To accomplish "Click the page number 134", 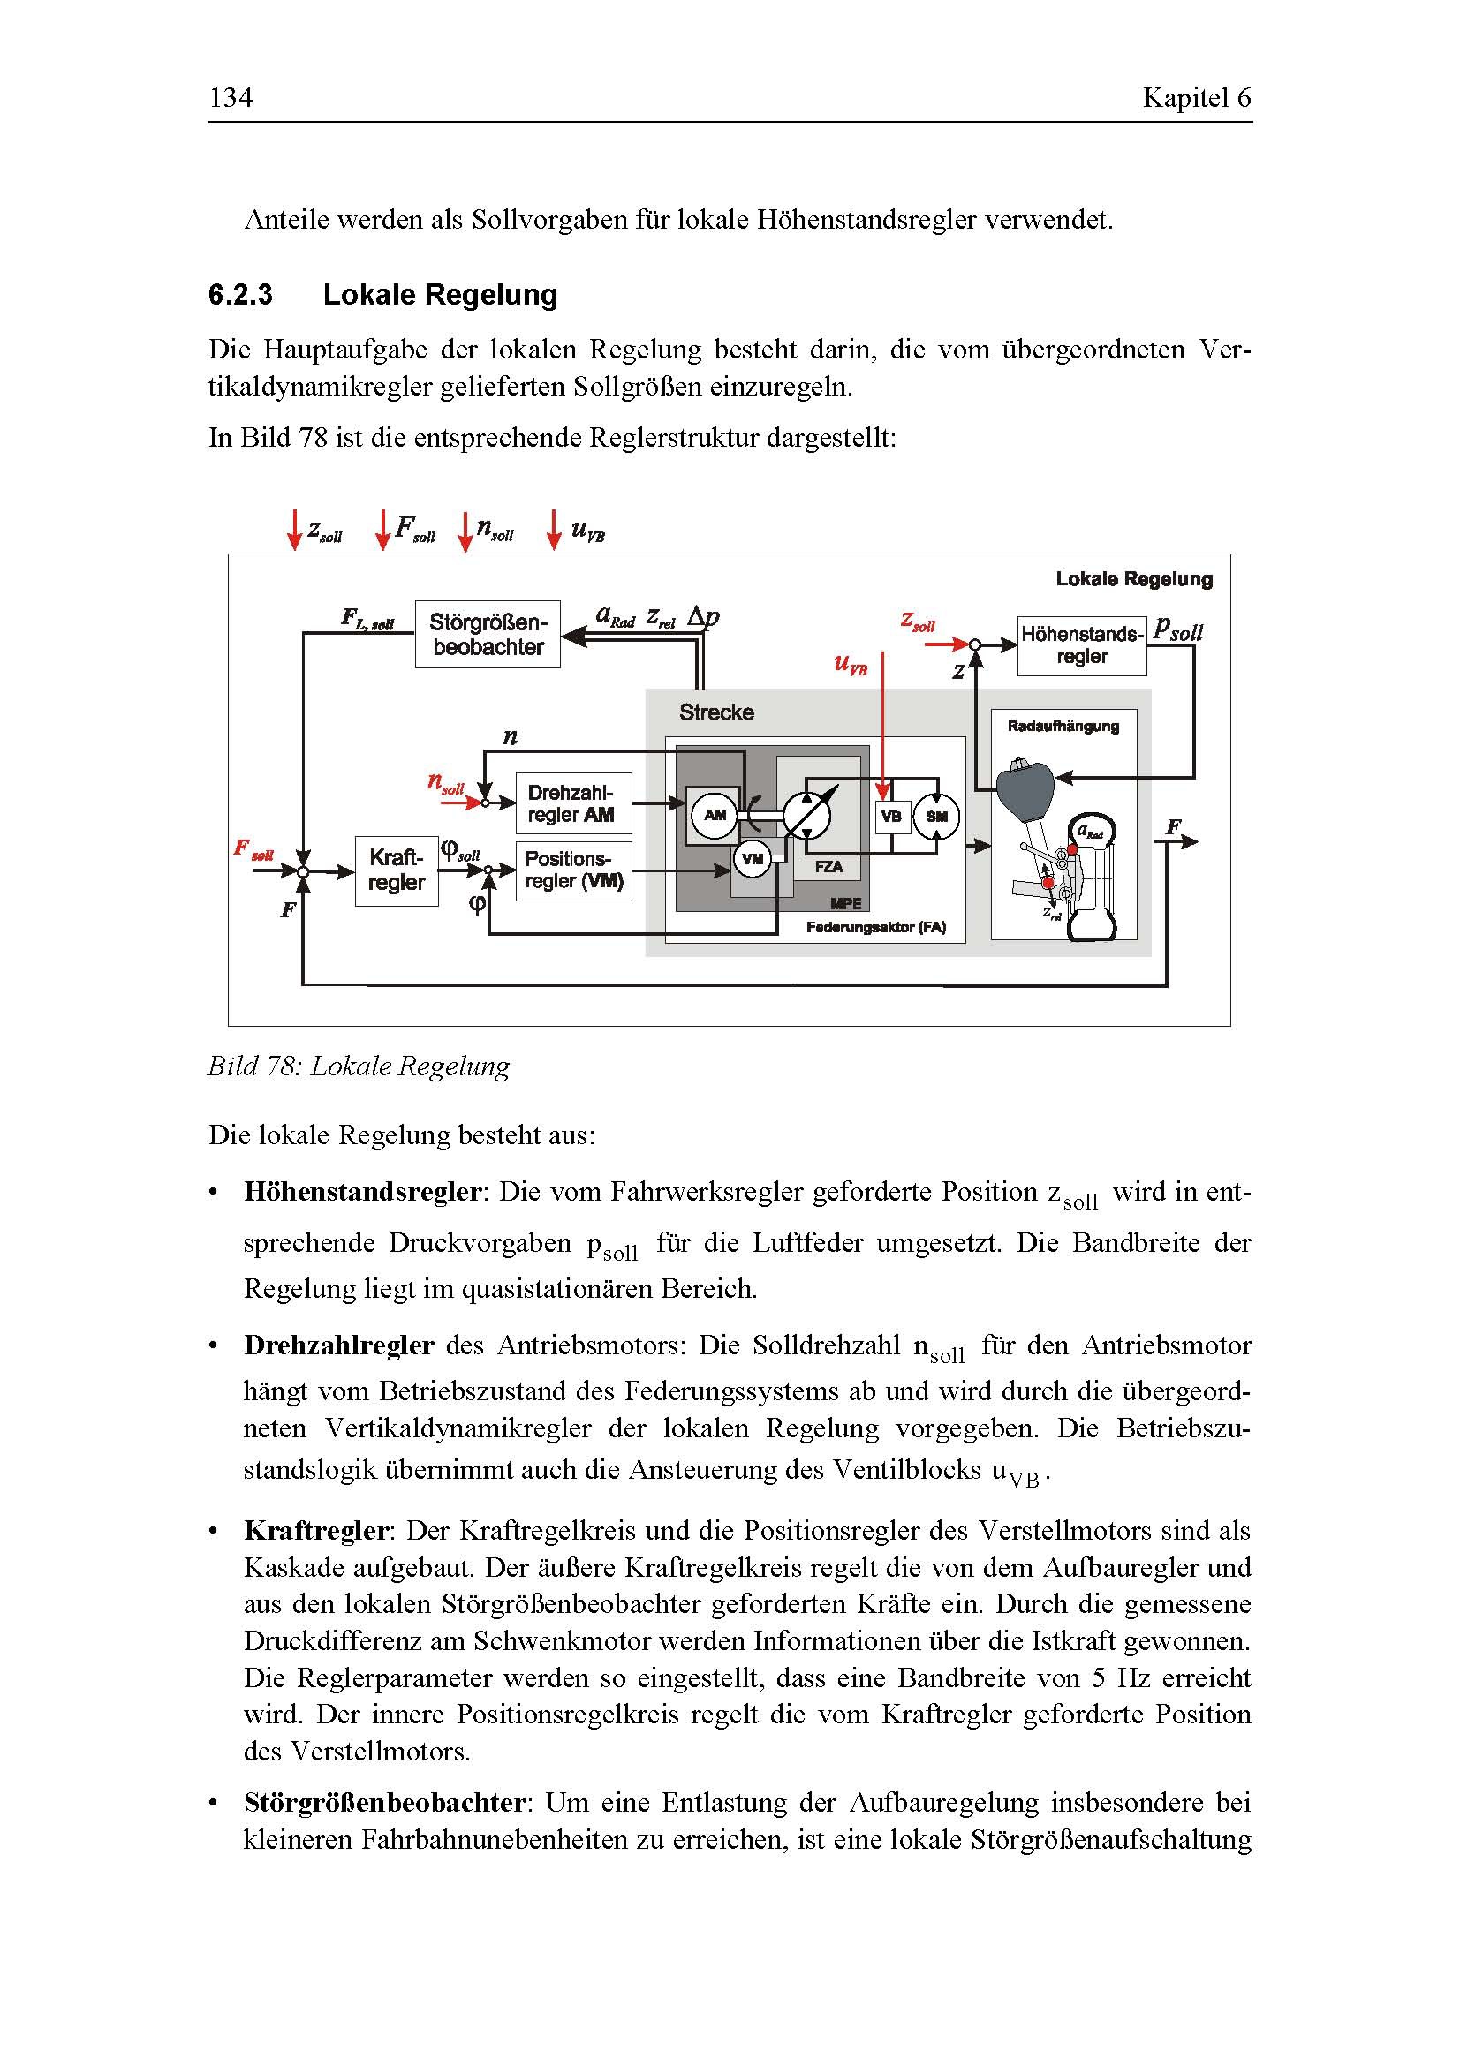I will click(x=231, y=97).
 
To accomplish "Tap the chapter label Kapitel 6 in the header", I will click(x=1196, y=97).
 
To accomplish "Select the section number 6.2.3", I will click(x=240, y=295).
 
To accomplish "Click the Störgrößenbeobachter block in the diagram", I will click(x=488, y=634).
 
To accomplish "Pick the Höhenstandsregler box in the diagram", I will click(x=1081, y=644).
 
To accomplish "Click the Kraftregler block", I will click(x=396, y=870).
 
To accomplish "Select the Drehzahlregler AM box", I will click(x=573, y=803).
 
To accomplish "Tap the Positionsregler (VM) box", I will click(x=573, y=870).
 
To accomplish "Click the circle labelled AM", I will click(x=715, y=816).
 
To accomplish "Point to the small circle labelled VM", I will click(x=752, y=859).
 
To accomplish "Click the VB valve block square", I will click(x=890, y=817).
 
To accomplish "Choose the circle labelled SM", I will click(x=936, y=817).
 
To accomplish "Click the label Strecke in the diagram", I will click(x=716, y=712).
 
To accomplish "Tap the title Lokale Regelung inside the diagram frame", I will click(x=1133, y=579).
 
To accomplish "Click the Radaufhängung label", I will click(x=1063, y=726).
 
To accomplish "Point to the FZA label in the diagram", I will click(x=828, y=867).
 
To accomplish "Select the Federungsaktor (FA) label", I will click(x=875, y=927).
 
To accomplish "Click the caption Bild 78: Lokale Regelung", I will click(x=358, y=1066).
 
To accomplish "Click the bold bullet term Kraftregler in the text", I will click(x=315, y=1530).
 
